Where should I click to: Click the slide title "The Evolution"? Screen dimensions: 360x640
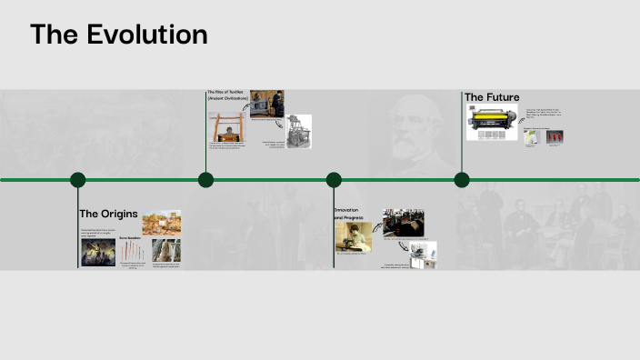click(118, 35)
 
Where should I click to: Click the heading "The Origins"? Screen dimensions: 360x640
click(108, 214)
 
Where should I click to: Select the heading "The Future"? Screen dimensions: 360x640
click(492, 97)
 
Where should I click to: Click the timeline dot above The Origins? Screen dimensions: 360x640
click(78, 180)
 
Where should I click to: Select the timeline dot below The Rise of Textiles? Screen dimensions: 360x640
click(206, 180)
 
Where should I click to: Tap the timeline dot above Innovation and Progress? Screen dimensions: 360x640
click(334, 180)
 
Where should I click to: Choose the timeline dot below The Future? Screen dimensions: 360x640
click(462, 180)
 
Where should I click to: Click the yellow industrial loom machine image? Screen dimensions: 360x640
click(492, 122)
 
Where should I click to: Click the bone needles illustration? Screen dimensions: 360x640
click(130, 252)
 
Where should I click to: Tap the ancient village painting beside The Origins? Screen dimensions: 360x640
click(161, 222)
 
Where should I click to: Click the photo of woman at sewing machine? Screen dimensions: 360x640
click(353, 237)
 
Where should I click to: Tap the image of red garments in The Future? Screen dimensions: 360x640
click(554, 136)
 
